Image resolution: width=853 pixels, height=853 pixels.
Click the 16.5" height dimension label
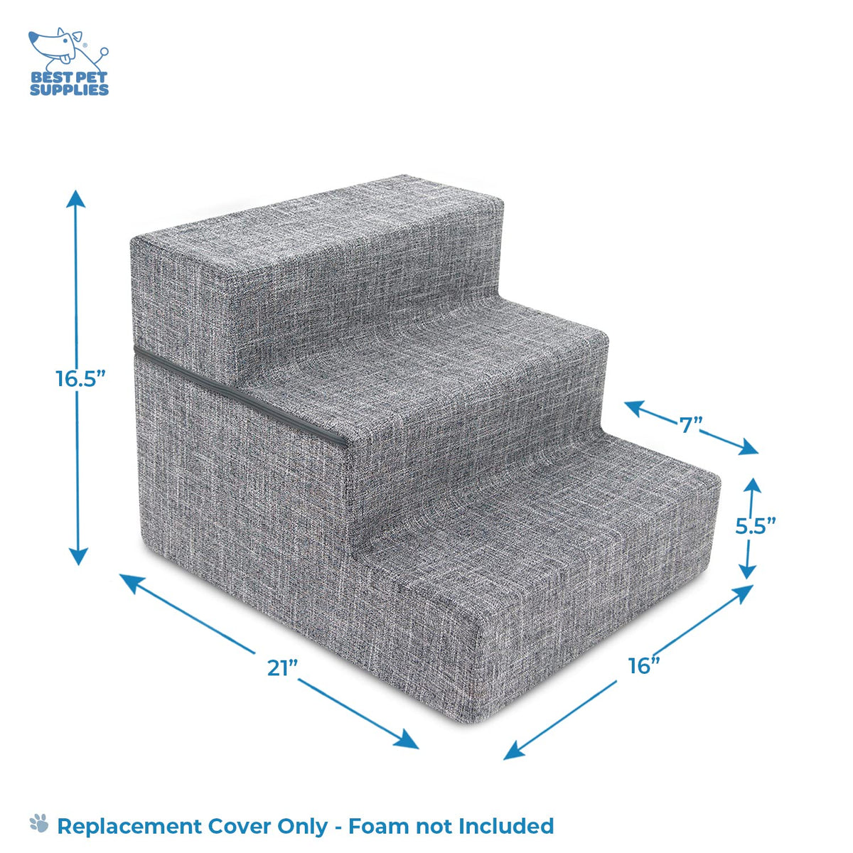(x=80, y=378)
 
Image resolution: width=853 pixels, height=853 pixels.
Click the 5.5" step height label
(x=756, y=525)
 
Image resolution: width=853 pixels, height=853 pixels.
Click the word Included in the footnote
(x=506, y=825)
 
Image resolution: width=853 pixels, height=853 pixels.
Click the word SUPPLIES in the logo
(x=69, y=90)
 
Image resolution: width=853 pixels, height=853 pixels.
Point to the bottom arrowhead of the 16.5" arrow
(x=79, y=557)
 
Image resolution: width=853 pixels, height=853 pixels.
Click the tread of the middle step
(x=443, y=376)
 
